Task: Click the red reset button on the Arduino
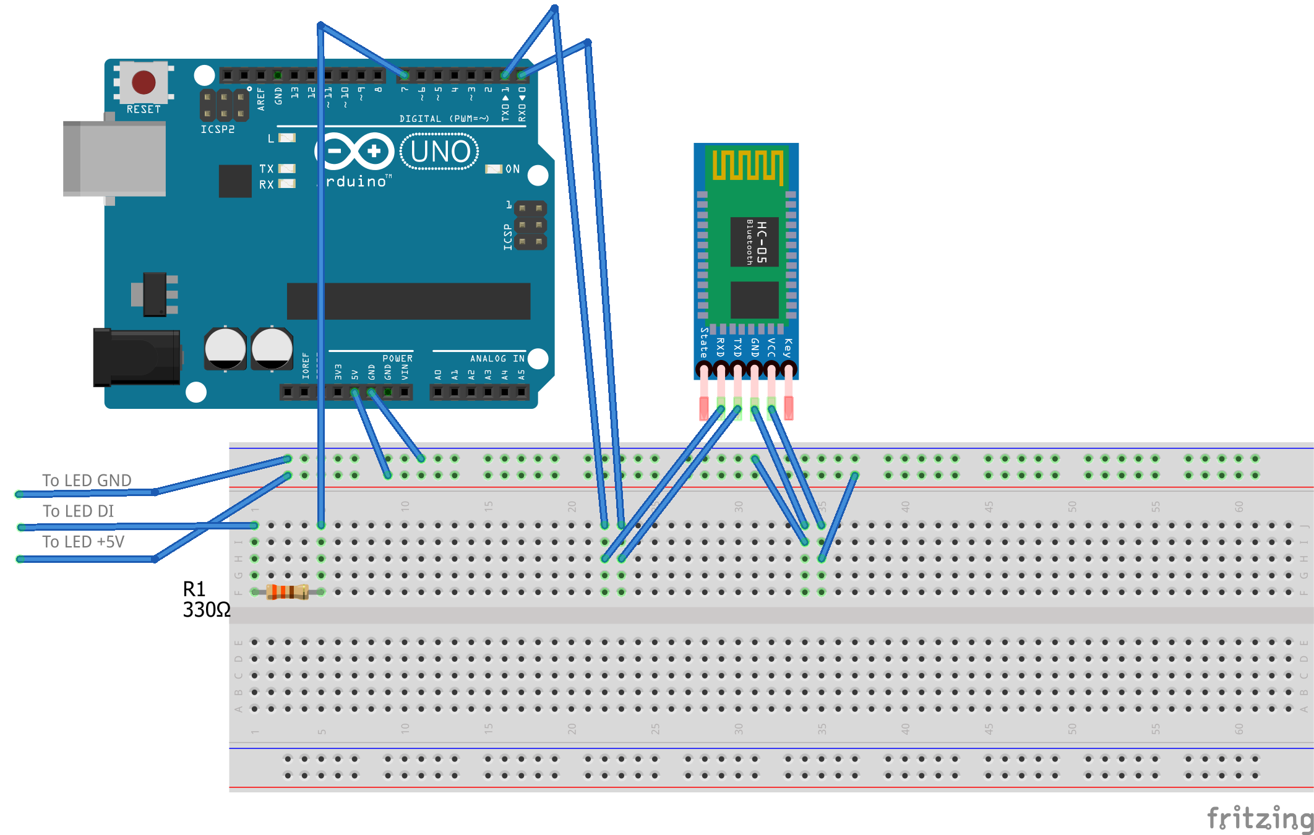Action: (144, 82)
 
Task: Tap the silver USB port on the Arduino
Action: (114, 158)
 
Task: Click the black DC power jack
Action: (137, 358)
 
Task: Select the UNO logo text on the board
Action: (440, 152)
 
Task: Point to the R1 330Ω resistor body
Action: (287, 592)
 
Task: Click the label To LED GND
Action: (87, 481)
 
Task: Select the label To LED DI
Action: (79, 512)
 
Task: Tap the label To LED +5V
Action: (84, 542)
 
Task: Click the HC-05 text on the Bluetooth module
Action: (761, 242)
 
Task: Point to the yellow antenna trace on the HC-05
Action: (747, 165)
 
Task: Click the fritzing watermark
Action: (1260, 818)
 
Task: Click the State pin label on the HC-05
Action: (704, 343)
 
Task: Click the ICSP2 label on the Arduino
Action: (218, 129)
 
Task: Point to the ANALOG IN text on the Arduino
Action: (497, 359)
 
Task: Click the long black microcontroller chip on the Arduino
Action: (408, 301)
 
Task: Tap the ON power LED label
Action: (512, 169)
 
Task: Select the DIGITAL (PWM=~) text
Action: (444, 119)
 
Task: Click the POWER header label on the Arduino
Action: (397, 359)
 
